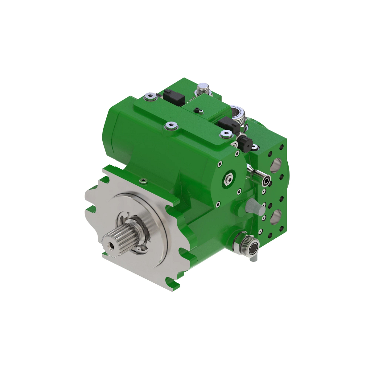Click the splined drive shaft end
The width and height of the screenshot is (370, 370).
(120, 239)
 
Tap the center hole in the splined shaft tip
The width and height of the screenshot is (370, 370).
(110, 246)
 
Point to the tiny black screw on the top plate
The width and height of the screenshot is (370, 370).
(196, 110)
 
